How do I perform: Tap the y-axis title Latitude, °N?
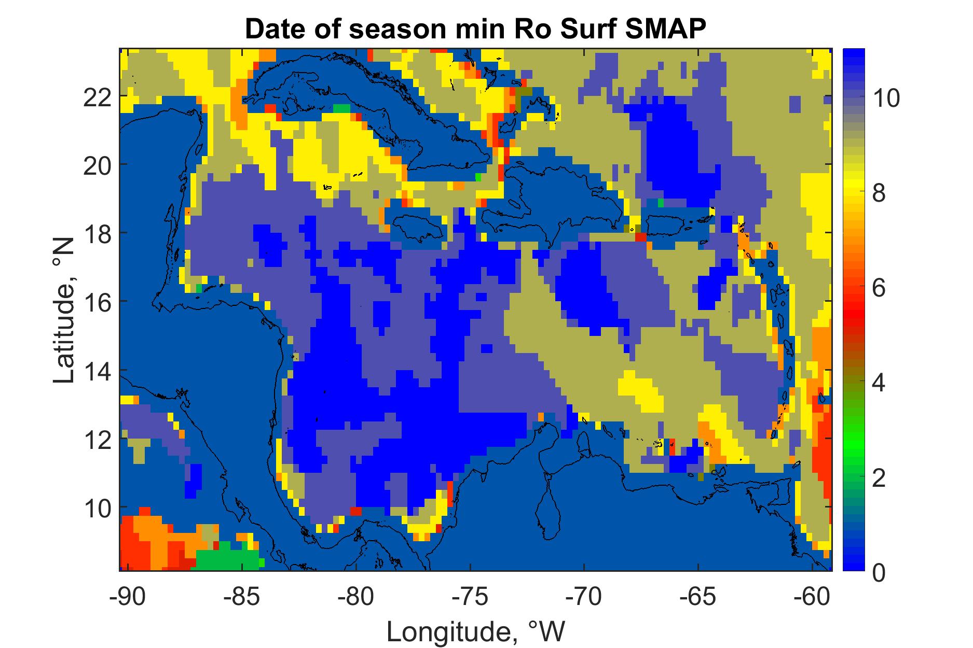click(x=65, y=309)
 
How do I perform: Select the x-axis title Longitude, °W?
click(x=476, y=631)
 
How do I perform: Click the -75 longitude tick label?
click(x=470, y=597)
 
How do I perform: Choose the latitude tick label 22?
click(x=97, y=96)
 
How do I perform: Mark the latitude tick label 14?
click(x=97, y=370)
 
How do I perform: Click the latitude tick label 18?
click(x=97, y=233)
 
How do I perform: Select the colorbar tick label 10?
click(x=885, y=98)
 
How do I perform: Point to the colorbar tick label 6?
click(x=879, y=288)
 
